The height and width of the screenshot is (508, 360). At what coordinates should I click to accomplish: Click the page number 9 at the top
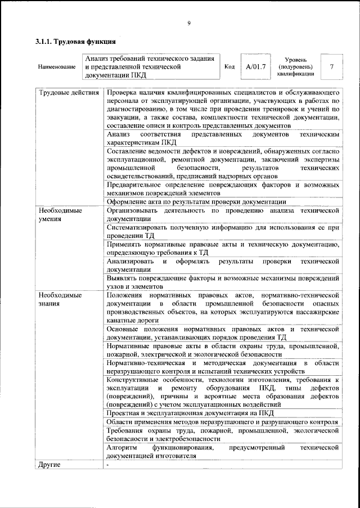pos(188,23)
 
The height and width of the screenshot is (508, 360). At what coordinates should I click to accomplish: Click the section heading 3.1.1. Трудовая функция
pos(76,42)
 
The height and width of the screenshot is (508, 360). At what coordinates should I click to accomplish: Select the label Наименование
pos(57,68)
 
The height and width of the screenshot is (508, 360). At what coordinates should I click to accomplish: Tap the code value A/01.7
pos(255,67)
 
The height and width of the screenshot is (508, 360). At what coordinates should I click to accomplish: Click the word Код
pos(229,67)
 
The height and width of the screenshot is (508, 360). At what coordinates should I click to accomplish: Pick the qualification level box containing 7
pos(332,67)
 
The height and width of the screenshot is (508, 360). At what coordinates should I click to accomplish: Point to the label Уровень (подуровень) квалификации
pos(295,66)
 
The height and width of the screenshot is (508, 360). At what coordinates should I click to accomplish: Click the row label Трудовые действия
pos(68,92)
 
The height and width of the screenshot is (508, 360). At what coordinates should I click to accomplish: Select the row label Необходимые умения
pos(60,214)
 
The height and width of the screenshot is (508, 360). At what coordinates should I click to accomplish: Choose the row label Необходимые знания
pos(60,299)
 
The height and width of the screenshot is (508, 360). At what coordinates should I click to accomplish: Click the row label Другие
pos(48,465)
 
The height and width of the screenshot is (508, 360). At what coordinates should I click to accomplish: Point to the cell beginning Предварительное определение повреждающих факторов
pos(222,188)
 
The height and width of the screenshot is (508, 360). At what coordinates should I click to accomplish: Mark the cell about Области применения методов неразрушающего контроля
pos(222,422)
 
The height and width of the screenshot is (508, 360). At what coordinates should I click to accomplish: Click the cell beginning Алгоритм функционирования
pos(222,452)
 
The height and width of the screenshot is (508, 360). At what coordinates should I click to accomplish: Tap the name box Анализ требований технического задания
pos(151,66)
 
